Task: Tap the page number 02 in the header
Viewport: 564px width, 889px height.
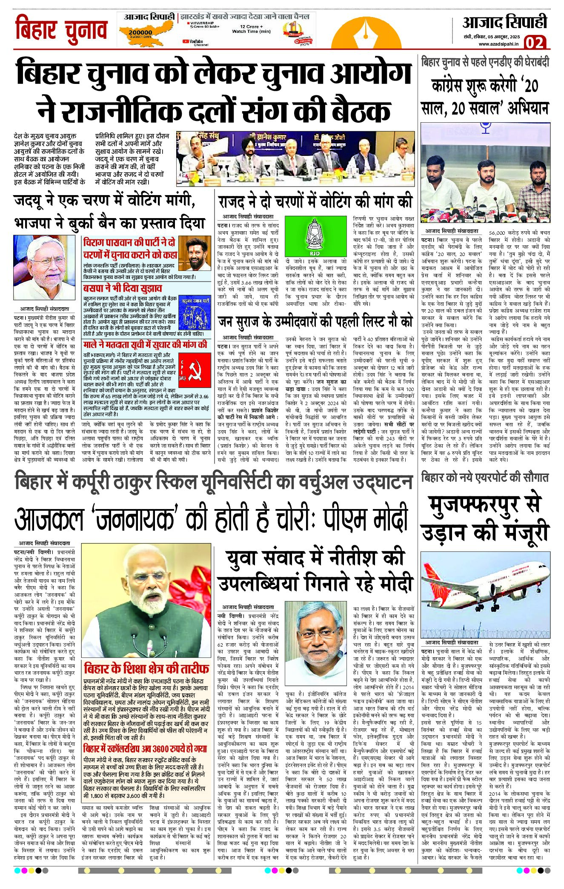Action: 534,43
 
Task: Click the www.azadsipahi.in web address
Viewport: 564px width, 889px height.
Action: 498,44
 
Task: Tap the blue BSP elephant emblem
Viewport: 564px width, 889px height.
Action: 195,313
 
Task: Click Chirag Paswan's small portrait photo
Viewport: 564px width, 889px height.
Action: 195,253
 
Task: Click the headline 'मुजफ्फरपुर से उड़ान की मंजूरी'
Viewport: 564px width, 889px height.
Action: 485,517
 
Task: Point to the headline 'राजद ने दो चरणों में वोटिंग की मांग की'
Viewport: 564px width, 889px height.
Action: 315,201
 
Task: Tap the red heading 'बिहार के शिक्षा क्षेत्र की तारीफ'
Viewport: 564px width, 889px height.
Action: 146,668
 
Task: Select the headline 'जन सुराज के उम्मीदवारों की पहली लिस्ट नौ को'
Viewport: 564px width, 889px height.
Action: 315,321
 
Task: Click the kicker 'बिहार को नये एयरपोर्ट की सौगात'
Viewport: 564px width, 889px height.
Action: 485,478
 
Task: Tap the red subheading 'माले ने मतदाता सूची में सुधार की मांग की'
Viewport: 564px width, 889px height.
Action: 145,344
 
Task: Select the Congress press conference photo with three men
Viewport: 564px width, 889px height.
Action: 485,173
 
